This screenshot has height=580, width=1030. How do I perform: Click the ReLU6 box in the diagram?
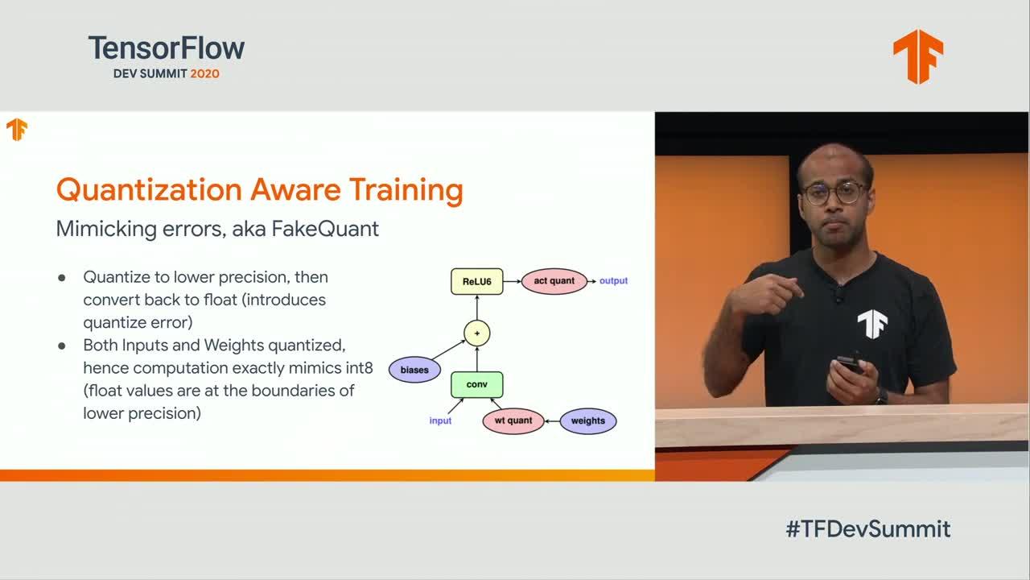pos(477,281)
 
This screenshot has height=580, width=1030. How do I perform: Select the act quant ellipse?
pos(554,281)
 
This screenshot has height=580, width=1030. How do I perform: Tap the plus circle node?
pos(477,333)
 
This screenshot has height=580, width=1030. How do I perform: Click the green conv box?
pos(477,384)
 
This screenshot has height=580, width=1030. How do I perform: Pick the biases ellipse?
pos(414,370)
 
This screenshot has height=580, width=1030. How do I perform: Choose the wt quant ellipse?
pos(513,420)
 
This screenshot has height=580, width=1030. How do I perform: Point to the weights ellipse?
pos(588,420)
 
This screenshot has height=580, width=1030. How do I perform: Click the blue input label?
pos(440,420)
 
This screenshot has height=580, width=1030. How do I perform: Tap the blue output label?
pos(613,281)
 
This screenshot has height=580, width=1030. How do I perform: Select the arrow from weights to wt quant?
pos(552,421)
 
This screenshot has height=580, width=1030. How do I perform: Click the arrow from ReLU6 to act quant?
pos(512,281)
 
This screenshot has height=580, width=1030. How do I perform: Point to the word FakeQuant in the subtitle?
pos(325,229)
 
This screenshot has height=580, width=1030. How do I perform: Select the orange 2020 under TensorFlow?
pos(204,73)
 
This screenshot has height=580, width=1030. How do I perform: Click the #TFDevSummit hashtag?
pos(868,529)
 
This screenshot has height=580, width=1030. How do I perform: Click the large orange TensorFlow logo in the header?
pos(918,56)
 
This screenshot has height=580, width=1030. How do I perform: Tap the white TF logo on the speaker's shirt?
pos(872,324)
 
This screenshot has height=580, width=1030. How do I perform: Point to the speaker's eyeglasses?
pos(834,193)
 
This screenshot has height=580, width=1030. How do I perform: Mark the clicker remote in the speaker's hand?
pos(849,363)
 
